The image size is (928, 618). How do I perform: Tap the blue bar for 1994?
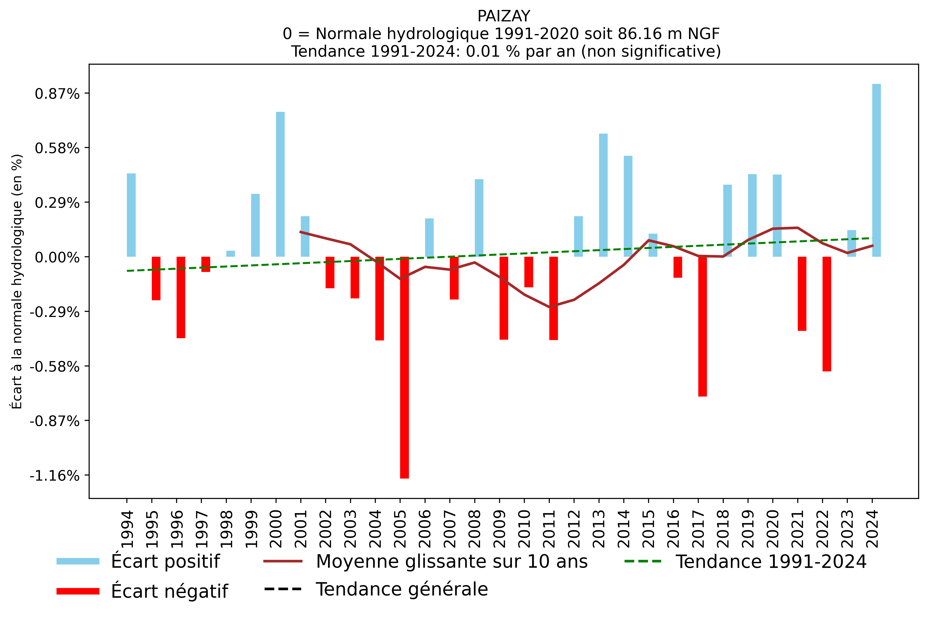click(131, 215)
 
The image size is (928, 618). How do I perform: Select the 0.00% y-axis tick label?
click(57, 258)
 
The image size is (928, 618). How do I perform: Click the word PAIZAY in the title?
click(504, 16)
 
